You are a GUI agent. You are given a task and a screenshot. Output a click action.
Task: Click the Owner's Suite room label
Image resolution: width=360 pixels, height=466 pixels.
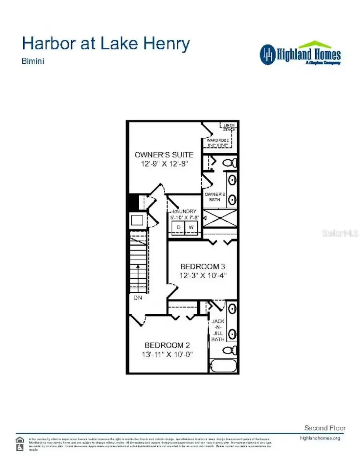click(x=164, y=155)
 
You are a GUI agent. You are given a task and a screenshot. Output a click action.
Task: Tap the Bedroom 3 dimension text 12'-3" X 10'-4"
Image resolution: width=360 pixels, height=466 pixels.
click(x=203, y=275)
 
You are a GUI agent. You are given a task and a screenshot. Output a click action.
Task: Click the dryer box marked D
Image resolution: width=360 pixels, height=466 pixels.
click(x=179, y=227)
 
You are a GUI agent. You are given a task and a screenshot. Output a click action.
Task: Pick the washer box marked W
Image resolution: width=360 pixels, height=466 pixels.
click(x=191, y=227)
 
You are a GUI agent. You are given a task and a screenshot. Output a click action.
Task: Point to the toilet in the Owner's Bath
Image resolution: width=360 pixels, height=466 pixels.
click(x=230, y=163)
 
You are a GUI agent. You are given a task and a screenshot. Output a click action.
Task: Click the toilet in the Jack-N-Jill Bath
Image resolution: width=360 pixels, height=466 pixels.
click(x=229, y=350)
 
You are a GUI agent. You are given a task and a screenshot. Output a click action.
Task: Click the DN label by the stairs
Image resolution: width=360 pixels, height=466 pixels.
click(x=138, y=298)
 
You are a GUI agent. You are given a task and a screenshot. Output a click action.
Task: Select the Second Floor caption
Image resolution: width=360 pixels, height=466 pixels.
click(x=325, y=428)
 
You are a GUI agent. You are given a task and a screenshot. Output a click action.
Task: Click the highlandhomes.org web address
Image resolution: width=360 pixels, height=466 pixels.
click(x=320, y=438)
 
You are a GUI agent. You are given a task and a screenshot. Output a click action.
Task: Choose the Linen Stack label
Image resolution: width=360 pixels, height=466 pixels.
click(x=229, y=127)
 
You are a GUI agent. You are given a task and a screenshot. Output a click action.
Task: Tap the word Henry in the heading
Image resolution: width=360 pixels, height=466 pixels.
click(x=168, y=44)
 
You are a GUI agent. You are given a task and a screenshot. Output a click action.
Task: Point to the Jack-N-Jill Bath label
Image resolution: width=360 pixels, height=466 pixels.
click(x=218, y=330)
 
